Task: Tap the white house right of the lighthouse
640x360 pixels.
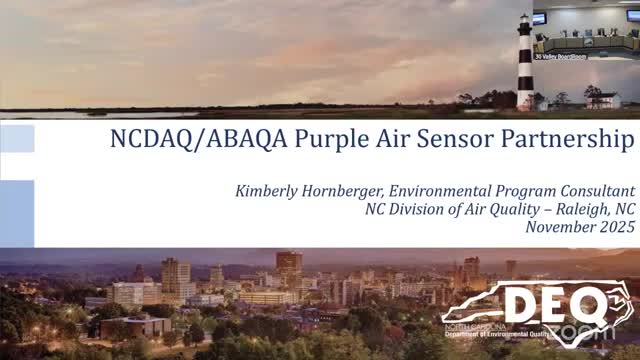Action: coord(603,99)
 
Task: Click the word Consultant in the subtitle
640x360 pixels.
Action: coord(595,191)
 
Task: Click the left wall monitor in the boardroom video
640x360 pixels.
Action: coord(539,18)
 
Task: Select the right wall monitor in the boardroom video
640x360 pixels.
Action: coord(632,15)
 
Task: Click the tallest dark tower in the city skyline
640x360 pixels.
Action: coord(289,270)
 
